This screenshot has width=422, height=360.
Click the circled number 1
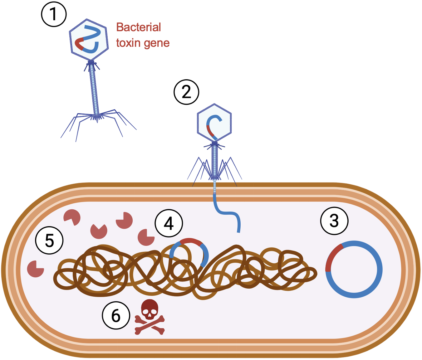coord(54,14)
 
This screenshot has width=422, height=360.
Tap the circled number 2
coord(186,92)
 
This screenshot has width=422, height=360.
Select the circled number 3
coord(334,221)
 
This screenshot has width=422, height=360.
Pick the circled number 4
coord(169,223)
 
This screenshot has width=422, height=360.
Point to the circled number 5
coord(49,241)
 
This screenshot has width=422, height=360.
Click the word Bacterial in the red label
coord(138,27)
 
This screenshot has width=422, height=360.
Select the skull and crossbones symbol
coord(150,317)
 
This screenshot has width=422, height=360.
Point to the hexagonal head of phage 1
coord(89,39)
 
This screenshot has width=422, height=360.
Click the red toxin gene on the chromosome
coord(191,241)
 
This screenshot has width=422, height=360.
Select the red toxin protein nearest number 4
coord(146,237)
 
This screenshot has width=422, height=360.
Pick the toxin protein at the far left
coord(35,269)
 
